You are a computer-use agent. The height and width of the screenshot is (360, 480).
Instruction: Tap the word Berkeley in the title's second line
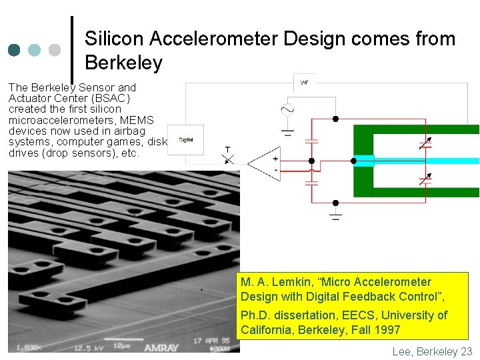click(123, 63)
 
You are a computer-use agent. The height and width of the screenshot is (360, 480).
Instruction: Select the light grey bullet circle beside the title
click(55, 50)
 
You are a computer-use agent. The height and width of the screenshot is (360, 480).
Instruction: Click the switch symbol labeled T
click(228, 157)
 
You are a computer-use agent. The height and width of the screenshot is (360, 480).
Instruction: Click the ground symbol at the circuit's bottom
click(335, 215)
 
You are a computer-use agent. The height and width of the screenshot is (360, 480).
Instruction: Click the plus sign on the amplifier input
click(275, 159)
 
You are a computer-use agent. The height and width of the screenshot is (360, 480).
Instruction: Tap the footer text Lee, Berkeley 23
click(432, 351)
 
